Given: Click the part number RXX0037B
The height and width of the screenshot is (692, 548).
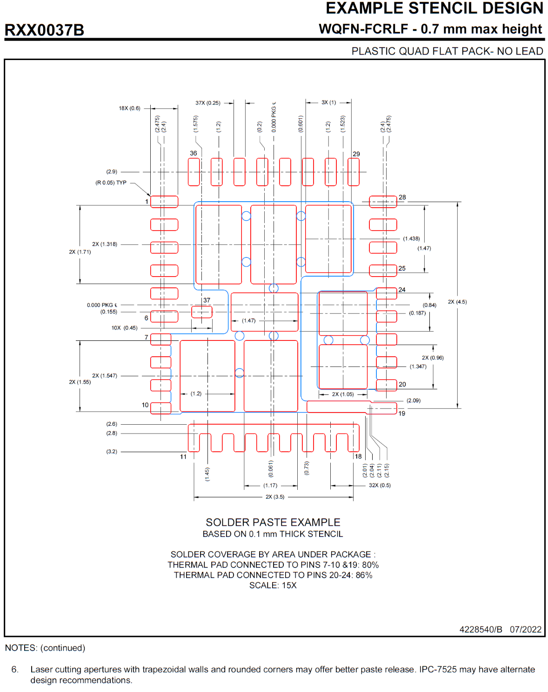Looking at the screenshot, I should [x=44, y=30].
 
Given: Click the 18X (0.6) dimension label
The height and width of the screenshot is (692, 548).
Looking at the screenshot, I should [x=129, y=109].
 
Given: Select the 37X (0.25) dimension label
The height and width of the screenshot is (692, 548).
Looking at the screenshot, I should [x=208, y=103].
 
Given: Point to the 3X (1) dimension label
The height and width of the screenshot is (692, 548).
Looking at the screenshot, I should [x=328, y=102].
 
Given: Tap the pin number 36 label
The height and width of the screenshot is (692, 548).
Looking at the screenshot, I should [x=194, y=153].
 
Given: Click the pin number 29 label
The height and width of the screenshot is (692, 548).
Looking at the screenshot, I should [x=356, y=154].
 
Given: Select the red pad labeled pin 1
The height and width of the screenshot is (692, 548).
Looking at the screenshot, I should [x=164, y=202].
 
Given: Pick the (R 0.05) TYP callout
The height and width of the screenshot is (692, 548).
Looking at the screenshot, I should [x=111, y=183].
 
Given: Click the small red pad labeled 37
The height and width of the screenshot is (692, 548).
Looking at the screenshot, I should [x=202, y=312].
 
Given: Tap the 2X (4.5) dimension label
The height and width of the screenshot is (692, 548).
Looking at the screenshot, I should [x=457, y=302].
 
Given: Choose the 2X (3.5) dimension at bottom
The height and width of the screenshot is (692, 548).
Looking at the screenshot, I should [x=275, y=497].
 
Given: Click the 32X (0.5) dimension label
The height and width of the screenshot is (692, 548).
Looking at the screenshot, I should [x=380, y=485].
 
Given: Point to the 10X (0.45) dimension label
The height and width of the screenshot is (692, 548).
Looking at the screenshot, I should [x=124, y=328].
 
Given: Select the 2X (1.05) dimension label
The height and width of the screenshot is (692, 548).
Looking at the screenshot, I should [x=343, y=394].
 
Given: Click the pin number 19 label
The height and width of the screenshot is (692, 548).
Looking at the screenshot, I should [x=402, y=414].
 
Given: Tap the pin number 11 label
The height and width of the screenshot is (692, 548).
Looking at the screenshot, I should [x=183, y=457].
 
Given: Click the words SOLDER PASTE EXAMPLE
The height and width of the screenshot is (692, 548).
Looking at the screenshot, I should [x=273, y=522].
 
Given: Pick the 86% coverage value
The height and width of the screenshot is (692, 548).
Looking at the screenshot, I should [x=364, y=575].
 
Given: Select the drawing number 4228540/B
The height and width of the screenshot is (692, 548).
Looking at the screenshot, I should [x=481, y=630].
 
